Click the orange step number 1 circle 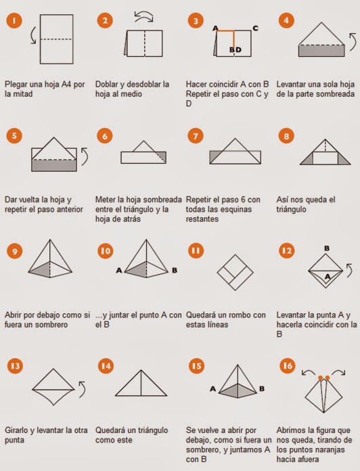coord(14,20)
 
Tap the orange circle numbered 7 coord(196,136)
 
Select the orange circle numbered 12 coord(287,250)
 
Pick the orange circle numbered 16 coord(288,365)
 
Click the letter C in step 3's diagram coord(255,28)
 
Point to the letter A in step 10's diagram coord(119,270)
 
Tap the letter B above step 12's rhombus coord(327,248)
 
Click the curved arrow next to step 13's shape coord(83,389)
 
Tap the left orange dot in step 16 coord(320,378)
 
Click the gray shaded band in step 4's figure coord(321,51)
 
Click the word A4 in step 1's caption coord(66,84)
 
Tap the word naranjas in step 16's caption coord(329,449)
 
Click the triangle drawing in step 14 coord(141,383)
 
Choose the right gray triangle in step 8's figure coord(343,160)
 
